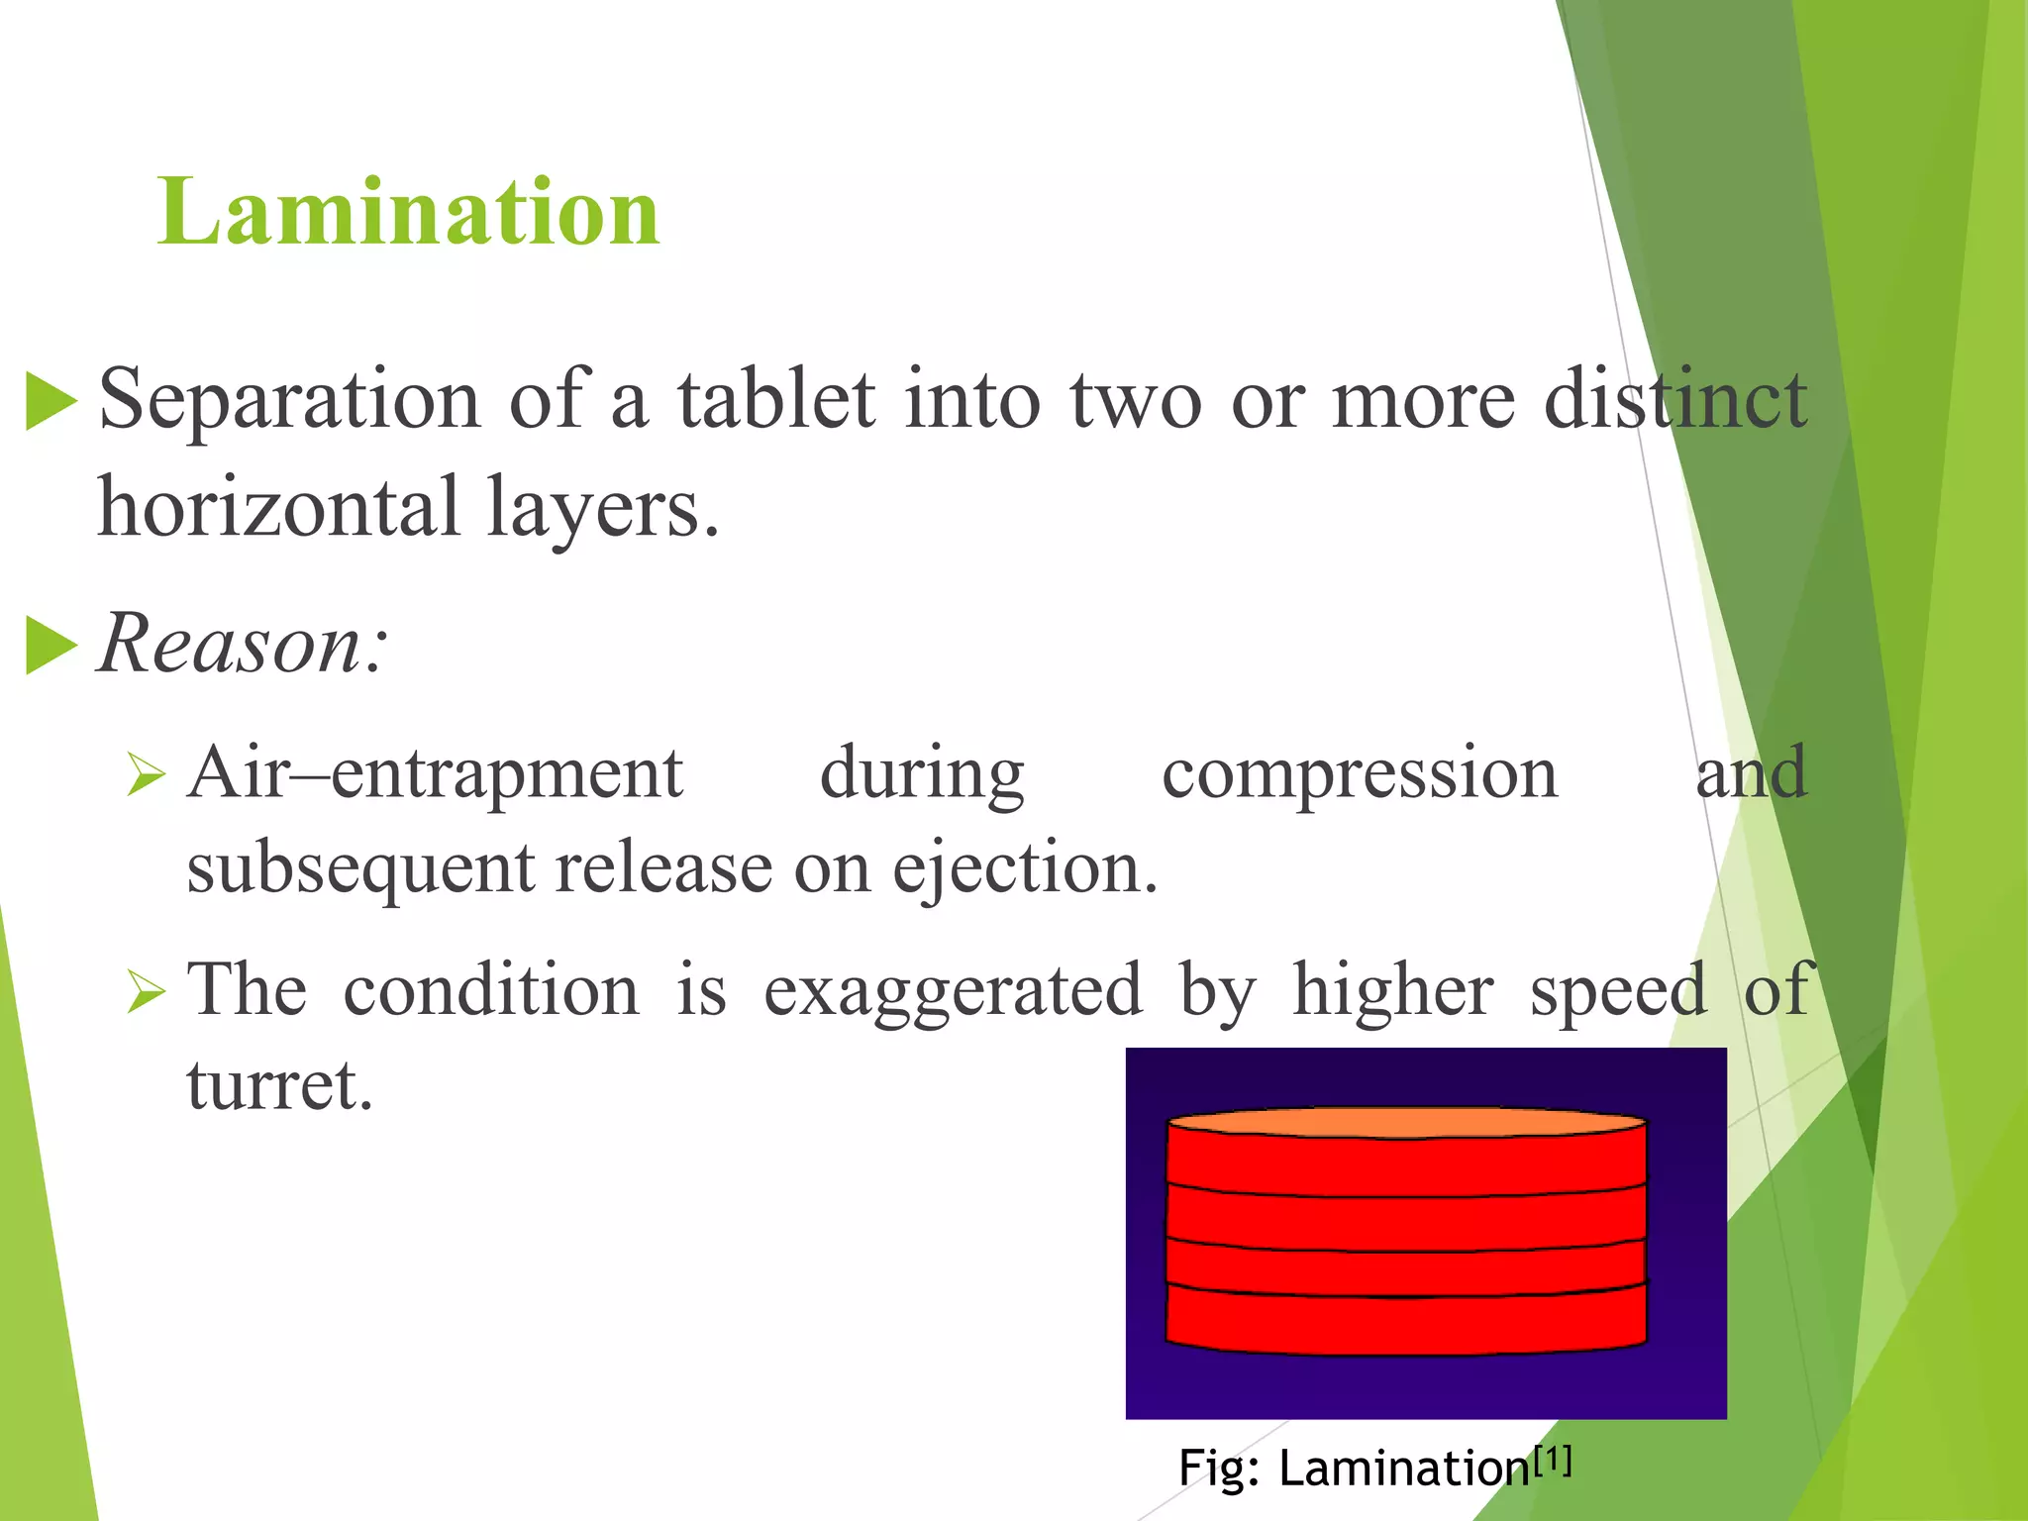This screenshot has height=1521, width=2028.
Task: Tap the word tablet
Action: pyautogui.click(x=775, y=399)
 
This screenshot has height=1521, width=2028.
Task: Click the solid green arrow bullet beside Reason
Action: pyautogui.click(x=51, y=645)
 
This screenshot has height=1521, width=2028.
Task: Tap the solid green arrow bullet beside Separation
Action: pyautogui.click(x=51, y=401)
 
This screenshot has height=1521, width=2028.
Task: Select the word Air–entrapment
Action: pyautogui.click(x=436, y=773)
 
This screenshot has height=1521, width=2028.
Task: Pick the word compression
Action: pyautogui.click(x=1360, y=773)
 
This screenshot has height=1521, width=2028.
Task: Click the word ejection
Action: pyautogui.click(x=1024, y=868)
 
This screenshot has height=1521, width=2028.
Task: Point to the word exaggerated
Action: pyautogui.click(x=953, y=990)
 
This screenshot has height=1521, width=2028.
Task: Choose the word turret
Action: pyautogui.click(x=279, y=1085)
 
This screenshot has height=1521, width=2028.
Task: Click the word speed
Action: pyautogui.click(x=1618, y=990)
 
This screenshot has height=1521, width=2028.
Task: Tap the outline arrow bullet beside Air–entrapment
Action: pyautogui.click(x=146, y=775)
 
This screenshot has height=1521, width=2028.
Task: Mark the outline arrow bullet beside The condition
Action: pyautogui.click(x=146, y=991)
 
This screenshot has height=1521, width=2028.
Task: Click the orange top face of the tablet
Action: pyautogui.click(x=1406, y=1122)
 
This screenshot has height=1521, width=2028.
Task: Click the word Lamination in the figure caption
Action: pyautogui.click(x=1404, y=1468)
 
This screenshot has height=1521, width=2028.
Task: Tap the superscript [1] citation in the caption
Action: pyautogui.click(x=1552, y=1459)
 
